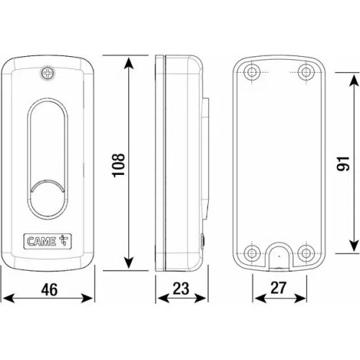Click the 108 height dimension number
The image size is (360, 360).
click(x=119, y=165)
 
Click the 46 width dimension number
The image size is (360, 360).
click(x=49, y=289)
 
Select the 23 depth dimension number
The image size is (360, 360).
click(x=181, y=289)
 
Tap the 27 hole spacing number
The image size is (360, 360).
click(x=279, y=288)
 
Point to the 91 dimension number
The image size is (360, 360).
click(x=343, y=163)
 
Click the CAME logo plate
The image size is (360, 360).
click(x=48, y=241)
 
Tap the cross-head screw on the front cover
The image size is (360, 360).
click(x=48, y=73)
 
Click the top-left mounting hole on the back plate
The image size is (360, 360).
click(x=252, y=72)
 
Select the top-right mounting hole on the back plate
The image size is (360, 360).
click(x=306, y=72)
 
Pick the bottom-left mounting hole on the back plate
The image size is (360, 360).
click(x=252, y=253)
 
